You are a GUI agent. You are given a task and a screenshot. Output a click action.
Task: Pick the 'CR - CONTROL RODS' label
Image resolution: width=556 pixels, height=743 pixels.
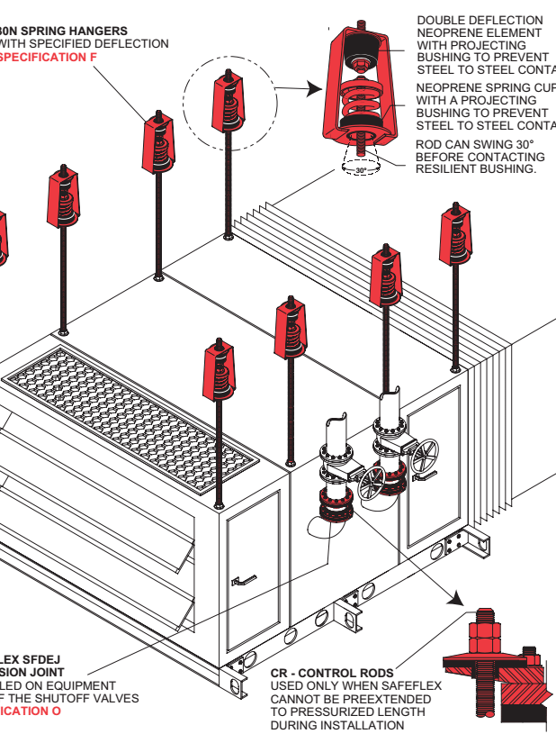tap(332, 673)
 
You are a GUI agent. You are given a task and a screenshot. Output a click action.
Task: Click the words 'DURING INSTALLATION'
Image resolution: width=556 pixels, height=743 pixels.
tap(337, 725)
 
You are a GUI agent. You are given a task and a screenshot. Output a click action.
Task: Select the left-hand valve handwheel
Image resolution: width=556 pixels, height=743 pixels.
tap(370, 484)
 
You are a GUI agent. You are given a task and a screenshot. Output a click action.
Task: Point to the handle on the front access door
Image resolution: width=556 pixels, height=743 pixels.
tap(240, 581)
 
